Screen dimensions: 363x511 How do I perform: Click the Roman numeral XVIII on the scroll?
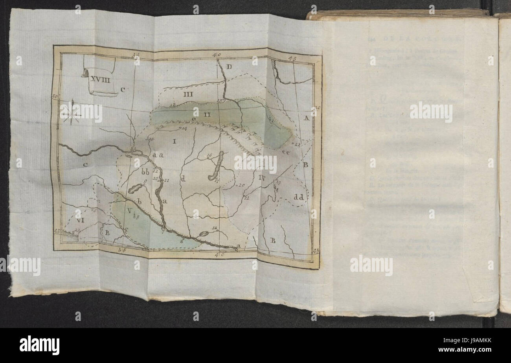click(x=101, y=79)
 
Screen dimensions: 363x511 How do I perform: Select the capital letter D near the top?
click(x=230, y=67)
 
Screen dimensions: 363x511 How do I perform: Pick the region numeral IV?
click(x=264, y=177)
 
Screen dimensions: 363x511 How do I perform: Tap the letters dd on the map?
click(x=299, y=197)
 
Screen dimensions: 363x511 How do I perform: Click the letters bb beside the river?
click(x=145, y=172)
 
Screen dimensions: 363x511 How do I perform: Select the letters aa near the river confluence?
click(x=158, y=155)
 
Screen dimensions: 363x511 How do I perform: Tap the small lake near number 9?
click(x=134, y=189)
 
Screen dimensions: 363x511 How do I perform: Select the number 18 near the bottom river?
click(x=214, y=228)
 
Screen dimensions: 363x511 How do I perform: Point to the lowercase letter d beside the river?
click(x=183, y=178)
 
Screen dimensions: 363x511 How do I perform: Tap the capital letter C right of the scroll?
click(x=123, y=90)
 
